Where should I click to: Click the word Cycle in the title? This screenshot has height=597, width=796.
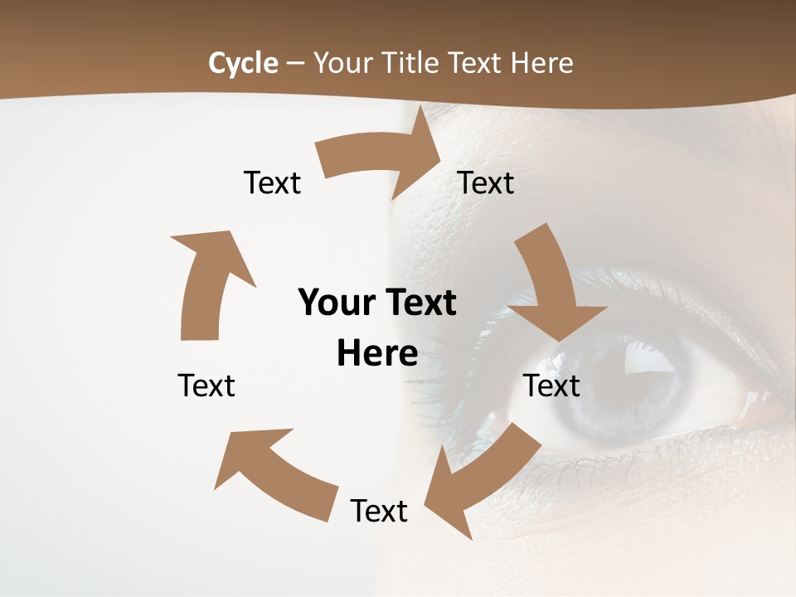click(x=243, y=63)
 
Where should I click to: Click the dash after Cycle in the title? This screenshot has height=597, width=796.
click(x=295, y=64)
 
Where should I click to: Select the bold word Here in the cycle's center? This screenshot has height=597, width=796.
click(x=377, y=354)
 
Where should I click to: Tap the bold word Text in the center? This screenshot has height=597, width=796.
click(x=419, y=303)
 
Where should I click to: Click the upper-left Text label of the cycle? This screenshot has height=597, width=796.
click(x=272, y=182)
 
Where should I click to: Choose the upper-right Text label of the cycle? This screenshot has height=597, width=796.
click(x=486, y=182)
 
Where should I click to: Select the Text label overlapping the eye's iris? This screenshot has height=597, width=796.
click(x=552, y=386)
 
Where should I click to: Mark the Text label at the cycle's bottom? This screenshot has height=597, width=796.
click(x=379, y=511)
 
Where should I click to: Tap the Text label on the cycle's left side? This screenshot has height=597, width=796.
click(x=206, y=386)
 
